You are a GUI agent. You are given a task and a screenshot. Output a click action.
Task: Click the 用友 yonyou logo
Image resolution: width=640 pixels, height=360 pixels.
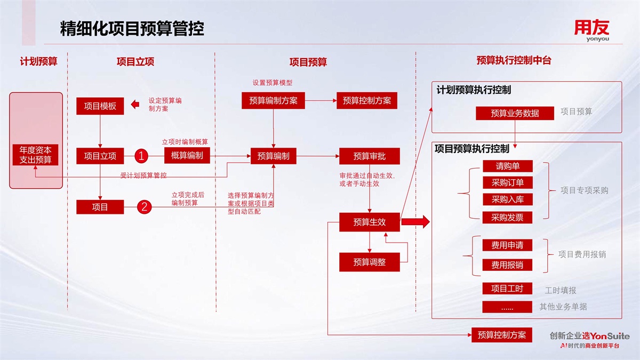(591, 30)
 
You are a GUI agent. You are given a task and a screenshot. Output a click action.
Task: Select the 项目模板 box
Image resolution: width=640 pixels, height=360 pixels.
(100, 106)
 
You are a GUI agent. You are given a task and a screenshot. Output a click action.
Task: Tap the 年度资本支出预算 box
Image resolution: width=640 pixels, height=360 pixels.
(36, 155)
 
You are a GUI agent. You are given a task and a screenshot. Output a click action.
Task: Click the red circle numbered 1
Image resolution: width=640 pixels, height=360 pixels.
(141, 156)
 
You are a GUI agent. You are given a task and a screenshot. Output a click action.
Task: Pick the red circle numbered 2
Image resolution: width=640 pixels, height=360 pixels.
(144, 207)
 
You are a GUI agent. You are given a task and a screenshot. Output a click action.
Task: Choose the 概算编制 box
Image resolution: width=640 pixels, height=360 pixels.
(187, 155)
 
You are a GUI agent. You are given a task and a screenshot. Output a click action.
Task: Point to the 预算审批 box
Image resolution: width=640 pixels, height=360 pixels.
(369, 156)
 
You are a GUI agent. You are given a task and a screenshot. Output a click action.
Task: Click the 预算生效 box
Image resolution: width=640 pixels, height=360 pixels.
(369, 222)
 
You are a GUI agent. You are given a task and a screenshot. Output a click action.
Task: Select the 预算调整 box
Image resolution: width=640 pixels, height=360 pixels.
(369, 262)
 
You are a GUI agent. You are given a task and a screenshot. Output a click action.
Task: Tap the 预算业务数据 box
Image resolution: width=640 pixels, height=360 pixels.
(515, 113)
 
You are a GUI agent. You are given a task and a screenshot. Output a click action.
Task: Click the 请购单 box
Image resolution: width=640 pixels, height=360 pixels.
(507, 166)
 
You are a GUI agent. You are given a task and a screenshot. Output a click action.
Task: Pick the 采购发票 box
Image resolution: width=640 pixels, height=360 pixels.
(507, 217)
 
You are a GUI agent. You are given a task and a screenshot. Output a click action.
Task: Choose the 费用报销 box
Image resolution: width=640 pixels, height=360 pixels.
(507, 265)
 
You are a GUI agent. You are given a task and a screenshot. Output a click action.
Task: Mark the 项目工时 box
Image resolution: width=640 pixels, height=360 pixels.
(507, 289)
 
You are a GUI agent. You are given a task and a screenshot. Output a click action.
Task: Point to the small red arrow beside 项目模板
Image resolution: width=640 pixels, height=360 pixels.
(135, 105)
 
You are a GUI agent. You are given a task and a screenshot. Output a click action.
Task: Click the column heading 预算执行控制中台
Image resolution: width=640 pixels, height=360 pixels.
(514, 61)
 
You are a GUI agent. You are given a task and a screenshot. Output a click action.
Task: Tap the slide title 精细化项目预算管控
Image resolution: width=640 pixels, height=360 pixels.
(132, 29)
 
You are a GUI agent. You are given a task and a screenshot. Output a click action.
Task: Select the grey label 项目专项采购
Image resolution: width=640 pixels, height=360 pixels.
(584, 190)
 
